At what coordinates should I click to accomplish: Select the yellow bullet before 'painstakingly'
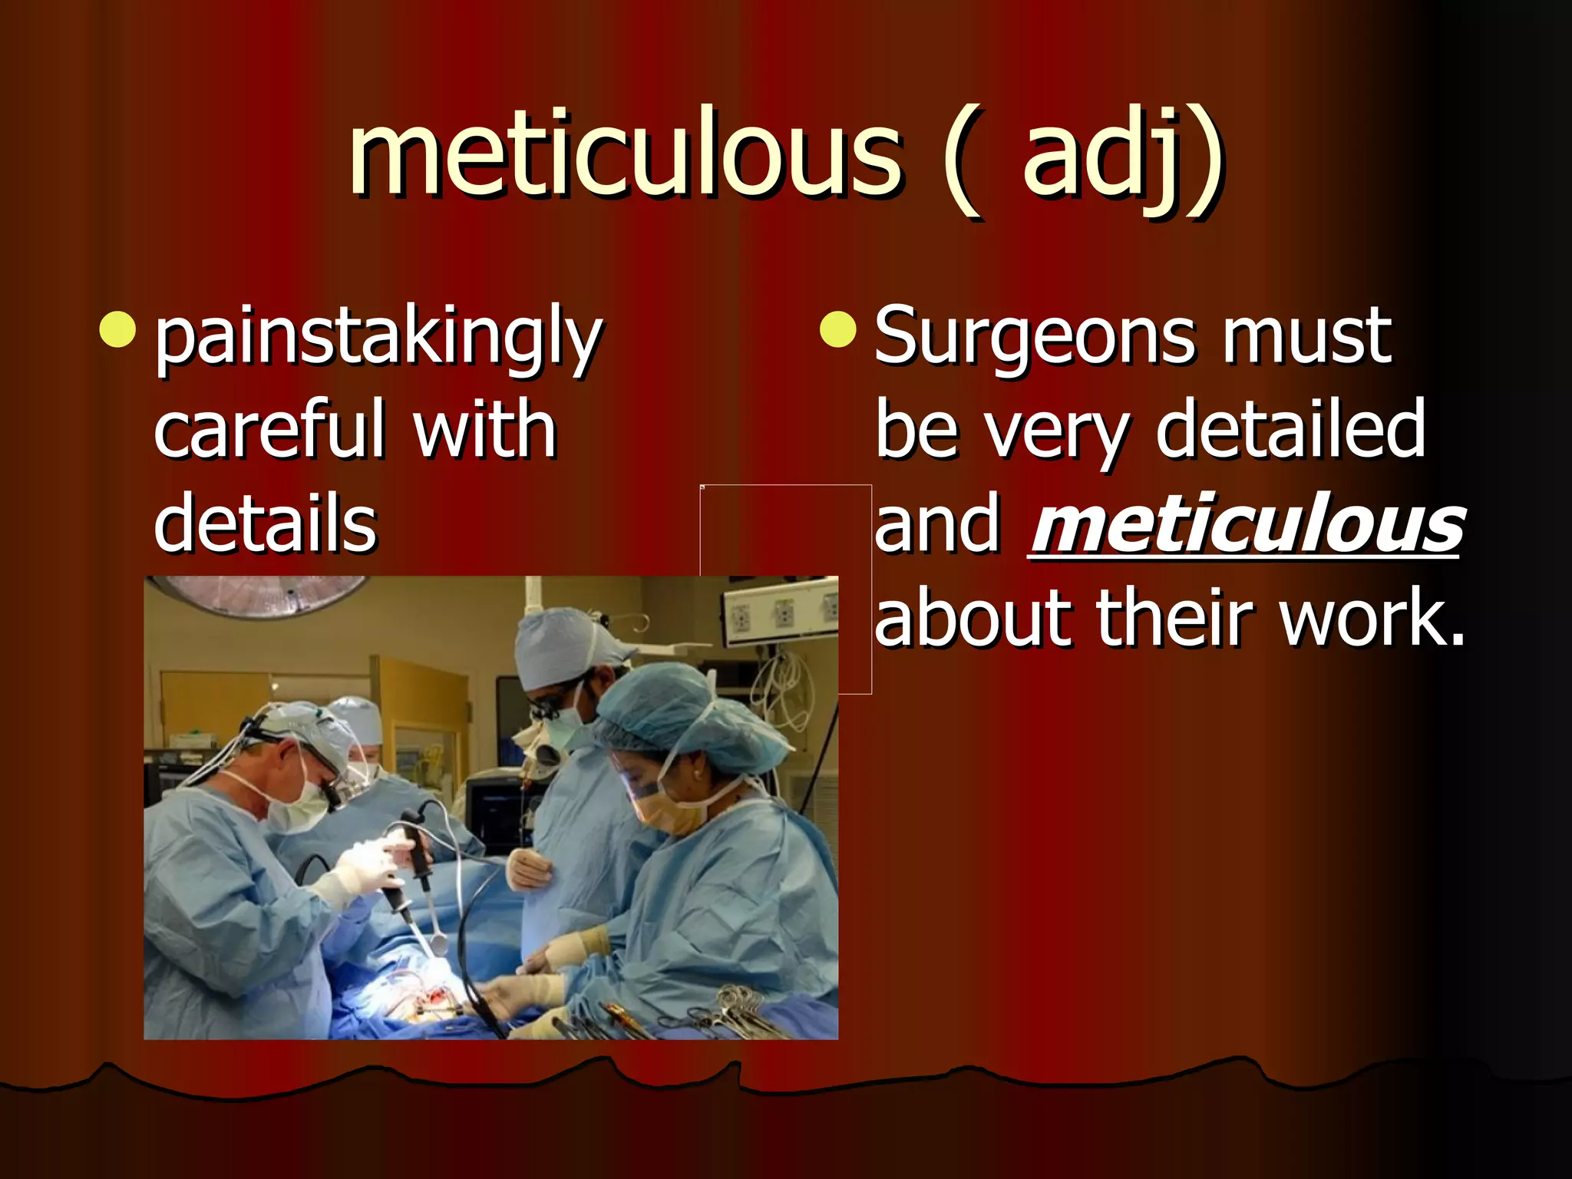[118, 329]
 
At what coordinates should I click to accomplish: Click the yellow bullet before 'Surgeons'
[837, 329]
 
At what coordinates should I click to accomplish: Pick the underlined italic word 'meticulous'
[1247, 525]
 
